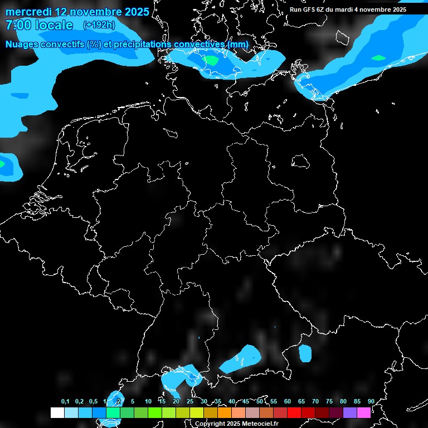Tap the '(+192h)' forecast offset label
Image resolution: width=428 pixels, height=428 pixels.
click(99, 25)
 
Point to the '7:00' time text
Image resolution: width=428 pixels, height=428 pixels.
click(17, 25)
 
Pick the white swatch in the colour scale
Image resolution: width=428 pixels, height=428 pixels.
click(57, 412)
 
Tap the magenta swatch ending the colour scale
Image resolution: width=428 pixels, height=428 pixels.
click(364, 412)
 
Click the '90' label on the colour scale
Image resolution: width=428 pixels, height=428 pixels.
click(371, 401)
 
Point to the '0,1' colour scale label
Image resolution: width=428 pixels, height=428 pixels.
click(65, 401)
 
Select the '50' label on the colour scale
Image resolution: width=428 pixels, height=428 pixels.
click(260, 401)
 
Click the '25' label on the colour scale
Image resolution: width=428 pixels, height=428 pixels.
click(190, 401)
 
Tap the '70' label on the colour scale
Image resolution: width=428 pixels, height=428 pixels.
click(315, 401)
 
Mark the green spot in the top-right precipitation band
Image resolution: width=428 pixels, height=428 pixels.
click(378, 58)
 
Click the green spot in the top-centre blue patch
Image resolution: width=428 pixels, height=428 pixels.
click(211, 60)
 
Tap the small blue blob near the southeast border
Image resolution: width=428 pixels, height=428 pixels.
click(305, 353)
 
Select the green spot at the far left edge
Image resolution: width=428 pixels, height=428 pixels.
click(2, 164)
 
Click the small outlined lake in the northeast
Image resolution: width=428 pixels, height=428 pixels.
click(300, 161)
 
